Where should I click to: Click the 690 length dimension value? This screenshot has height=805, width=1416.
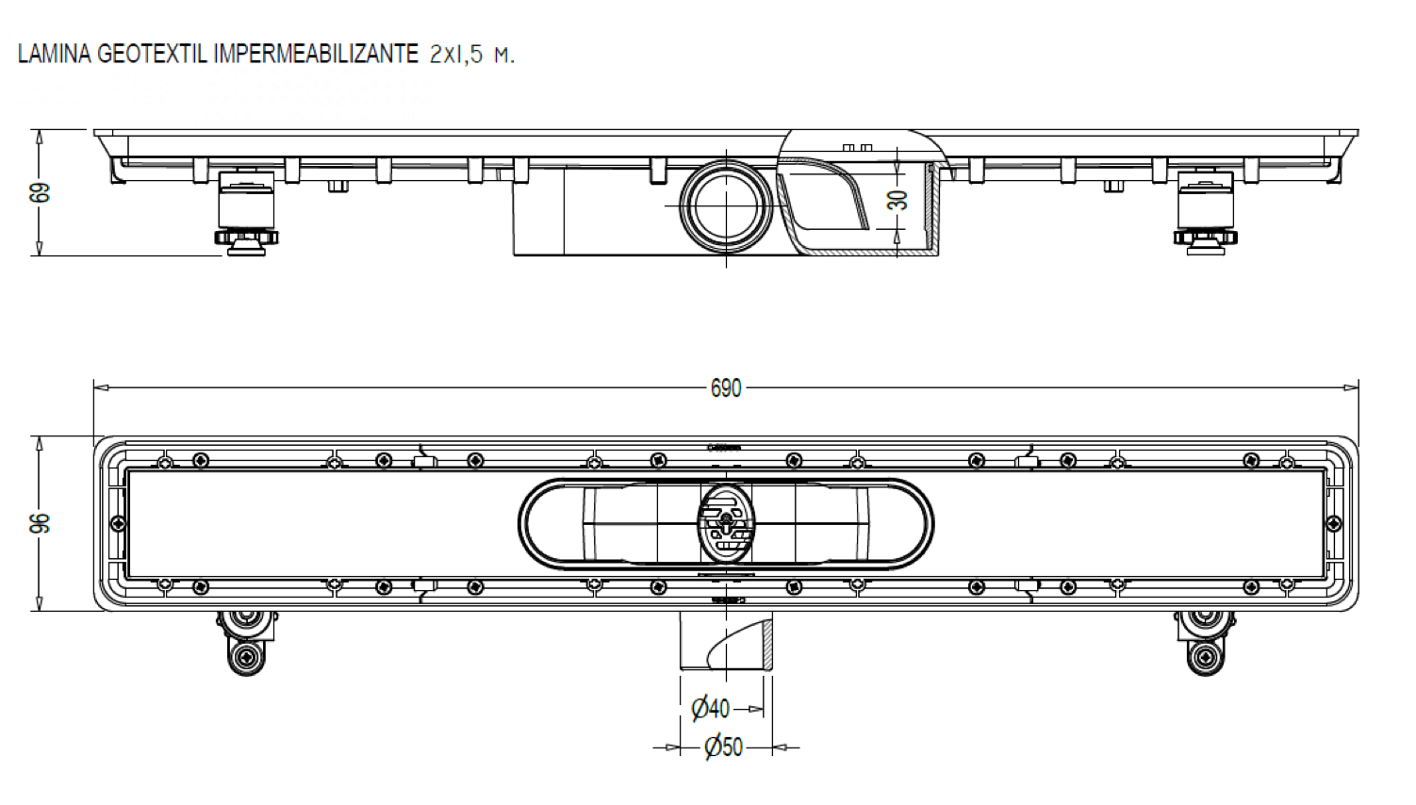pyautogui.click(x=725, y=388)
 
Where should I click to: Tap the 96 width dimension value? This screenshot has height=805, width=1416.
pyautogui.click(x=41, y=524)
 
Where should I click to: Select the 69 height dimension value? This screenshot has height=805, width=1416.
pyautogui.click(x=41, y=193)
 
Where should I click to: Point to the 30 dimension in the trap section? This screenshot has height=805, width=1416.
pyautogui.click(x=898, y=200)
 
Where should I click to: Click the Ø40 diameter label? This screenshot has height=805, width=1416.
pyautogui.click(x=710, y=709)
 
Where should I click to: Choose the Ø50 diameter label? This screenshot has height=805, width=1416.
pyautogui.click(x=723, y=747)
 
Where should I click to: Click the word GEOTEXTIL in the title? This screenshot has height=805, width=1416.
pyautogui.click(x=154, y=54)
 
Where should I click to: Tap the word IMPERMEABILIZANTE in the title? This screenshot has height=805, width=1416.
pyautogui.click(x=316, y=54)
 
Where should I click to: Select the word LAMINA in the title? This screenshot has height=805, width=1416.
pyautogui.click(x=55, y=54)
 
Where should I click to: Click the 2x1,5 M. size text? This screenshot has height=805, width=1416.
pyautogui.click(x=471, y=55)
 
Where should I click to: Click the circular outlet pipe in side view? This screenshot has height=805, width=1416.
pyautogui.click(x=726, y=206)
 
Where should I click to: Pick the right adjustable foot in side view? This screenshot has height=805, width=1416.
pyautogui.click(x=1205, y=214)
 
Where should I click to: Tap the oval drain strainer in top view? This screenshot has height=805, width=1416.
pyautogui.click(x=726, y=523)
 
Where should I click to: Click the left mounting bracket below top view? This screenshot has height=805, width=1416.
pyautogui.click(x=247, y=641)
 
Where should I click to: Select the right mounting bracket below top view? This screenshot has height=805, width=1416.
pyautogui.click(x=1205, y=641)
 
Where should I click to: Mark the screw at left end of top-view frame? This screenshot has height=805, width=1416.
pyautogui.click(x=118, y=524)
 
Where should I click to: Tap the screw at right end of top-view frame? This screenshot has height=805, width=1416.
pyautogui.click(x=1333, y=524)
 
